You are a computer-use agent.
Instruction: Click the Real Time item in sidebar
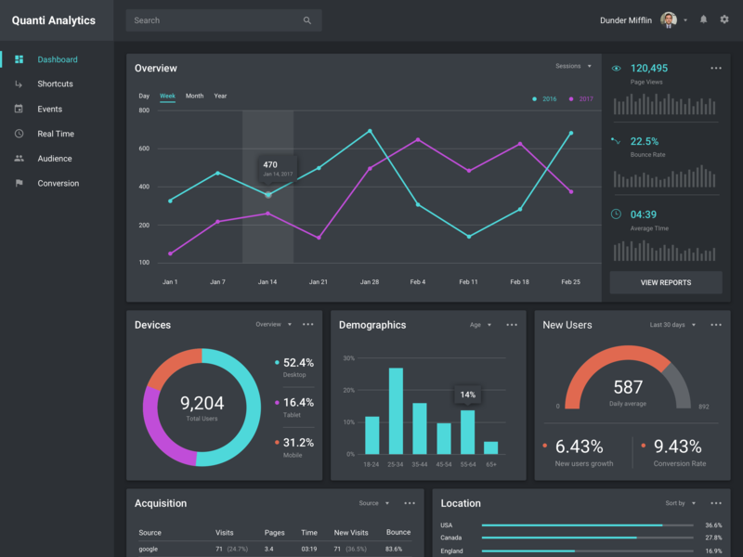coord(55,134)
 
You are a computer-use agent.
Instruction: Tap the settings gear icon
coord(724,19)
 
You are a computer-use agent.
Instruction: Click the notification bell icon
coord(703,19)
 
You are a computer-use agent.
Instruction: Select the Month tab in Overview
coord(194,96)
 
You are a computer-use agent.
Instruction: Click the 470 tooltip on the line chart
coord(277,168)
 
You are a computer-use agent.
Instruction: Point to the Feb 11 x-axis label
coord(468,281)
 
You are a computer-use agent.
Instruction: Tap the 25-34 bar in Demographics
coord(396,410)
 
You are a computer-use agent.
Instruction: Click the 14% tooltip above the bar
coord(468,395)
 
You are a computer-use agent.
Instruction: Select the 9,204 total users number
coord(202,403)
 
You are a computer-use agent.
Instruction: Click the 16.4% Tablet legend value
coord(298,402)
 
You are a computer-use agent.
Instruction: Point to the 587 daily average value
coord(628,387)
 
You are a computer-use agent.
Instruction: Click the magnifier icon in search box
coord(307,20)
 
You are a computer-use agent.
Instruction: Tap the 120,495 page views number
coord(648,68)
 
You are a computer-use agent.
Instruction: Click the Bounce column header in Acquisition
coord(398,532)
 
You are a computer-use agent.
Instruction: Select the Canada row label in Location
coord(450,538)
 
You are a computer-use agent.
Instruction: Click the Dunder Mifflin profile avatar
coord(669,19)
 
